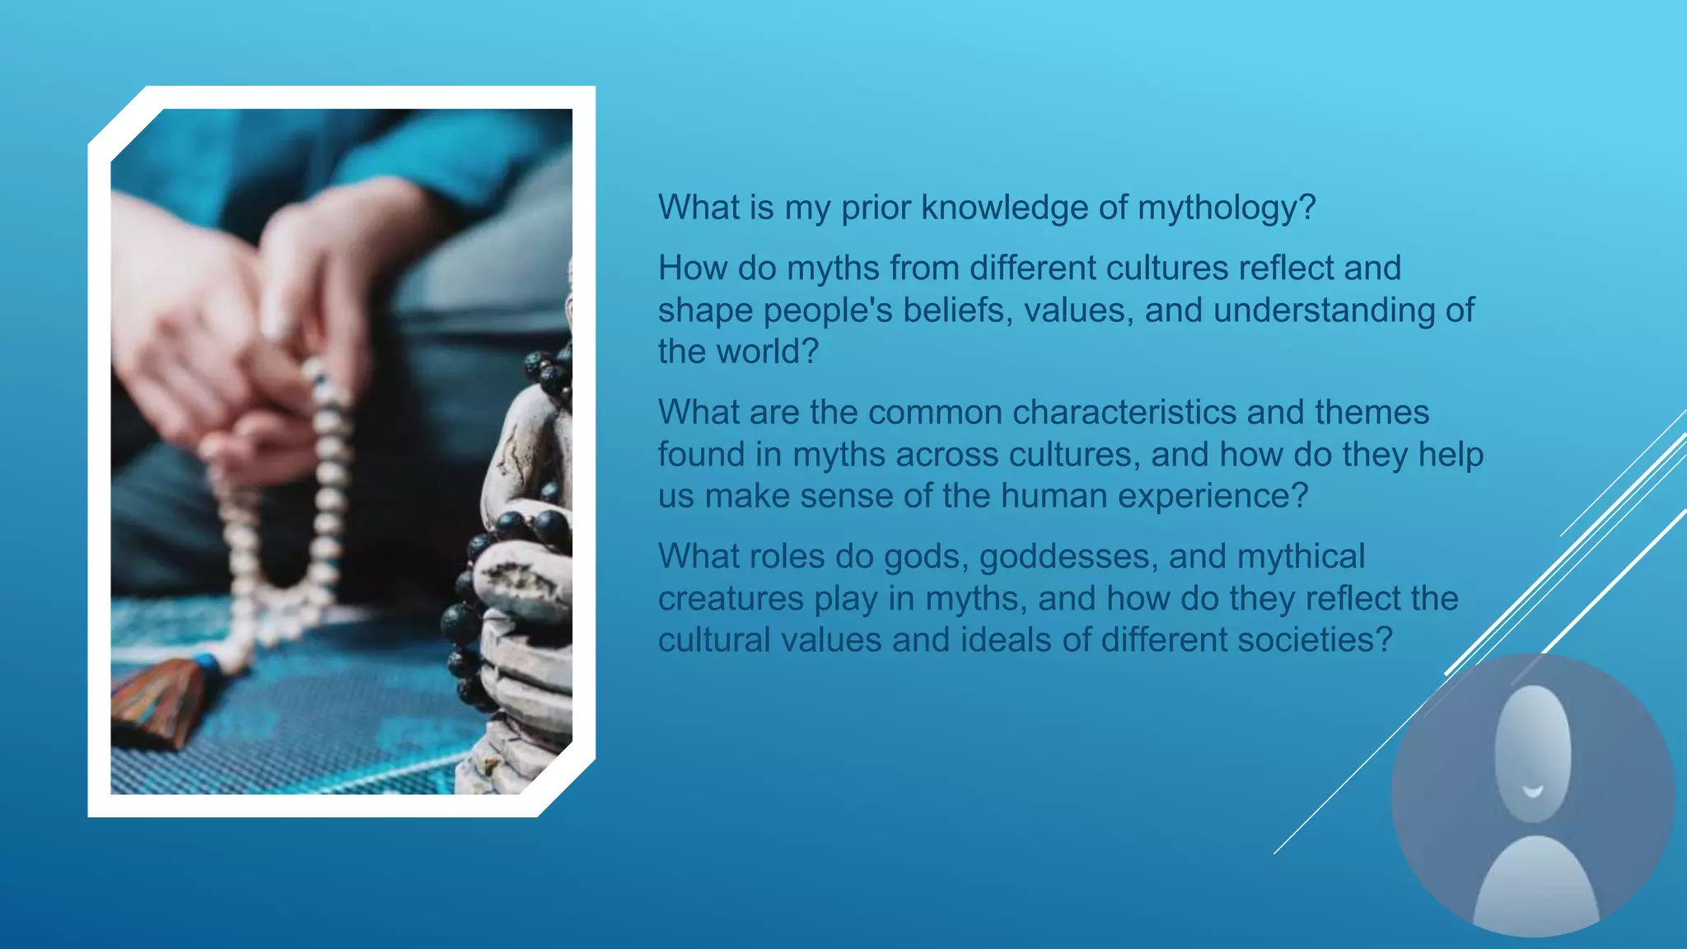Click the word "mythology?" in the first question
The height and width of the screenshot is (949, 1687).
[1227, 208]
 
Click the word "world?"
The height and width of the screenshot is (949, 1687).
[767, 352]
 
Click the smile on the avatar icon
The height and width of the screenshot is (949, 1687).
[1532, 792]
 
